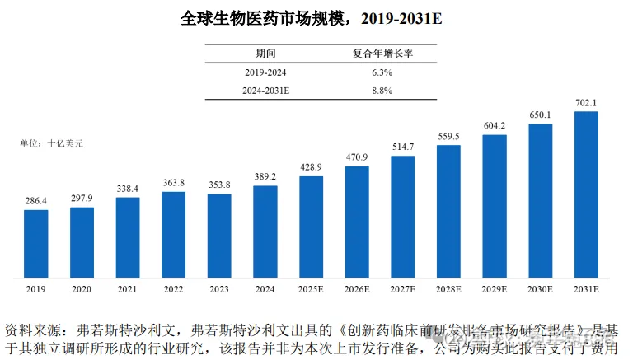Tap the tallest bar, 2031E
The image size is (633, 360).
[585, 194]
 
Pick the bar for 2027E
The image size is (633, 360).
[402, 216]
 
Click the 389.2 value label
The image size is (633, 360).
[265, 177]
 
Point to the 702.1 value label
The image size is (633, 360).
[585, 103]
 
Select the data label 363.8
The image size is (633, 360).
[174, 183]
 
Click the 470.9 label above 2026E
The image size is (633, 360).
[357, 157]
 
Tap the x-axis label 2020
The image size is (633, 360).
[82, 289]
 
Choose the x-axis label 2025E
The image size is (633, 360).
[311, 289]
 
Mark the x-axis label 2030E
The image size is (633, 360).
[540, 289]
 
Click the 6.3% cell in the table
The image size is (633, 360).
[382, 72]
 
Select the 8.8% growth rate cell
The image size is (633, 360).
[382, 90]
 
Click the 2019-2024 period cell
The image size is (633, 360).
[266, 72]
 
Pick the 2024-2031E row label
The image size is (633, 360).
[266, 90]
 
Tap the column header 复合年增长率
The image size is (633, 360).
[382, 54]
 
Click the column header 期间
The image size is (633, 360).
[266, 54]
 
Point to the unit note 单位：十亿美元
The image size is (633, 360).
[51, 143]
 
